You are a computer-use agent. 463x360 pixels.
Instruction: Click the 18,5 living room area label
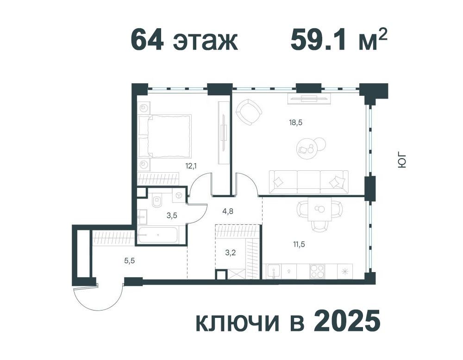295,123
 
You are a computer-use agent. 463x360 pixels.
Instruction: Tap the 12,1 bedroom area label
191,166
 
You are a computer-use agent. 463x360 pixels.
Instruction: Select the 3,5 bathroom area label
172,216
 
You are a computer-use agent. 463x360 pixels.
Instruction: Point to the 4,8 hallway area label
228,211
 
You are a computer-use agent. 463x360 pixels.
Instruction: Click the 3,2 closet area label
230,253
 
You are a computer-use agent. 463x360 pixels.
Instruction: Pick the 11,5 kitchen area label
299,244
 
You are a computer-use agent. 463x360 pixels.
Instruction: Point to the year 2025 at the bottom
347,322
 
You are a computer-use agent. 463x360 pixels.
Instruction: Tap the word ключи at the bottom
238,323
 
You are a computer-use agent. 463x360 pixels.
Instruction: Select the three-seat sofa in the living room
308,182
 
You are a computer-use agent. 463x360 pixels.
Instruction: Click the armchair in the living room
249,112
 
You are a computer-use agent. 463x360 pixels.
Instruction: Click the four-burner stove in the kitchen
317,271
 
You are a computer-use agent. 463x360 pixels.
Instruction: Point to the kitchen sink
274,271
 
